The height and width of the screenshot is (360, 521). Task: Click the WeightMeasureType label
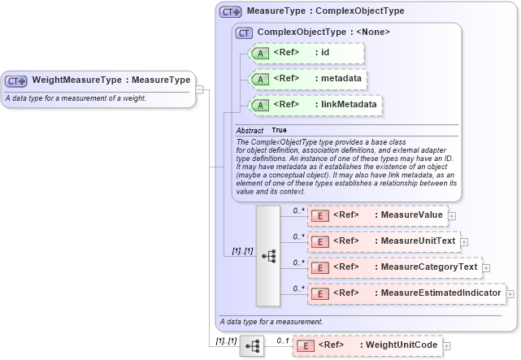pyautogui.click(x=111, y=80)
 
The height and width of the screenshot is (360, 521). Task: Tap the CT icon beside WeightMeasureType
pyautogui.click(x=16, y=81)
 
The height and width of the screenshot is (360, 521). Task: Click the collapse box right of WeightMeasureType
pyautogui.click(x=200, y=80)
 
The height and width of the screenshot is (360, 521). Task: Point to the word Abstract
pyautogui.click(x=250, y=130)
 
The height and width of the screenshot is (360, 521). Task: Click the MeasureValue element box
pyautogui.click(x=377, y=215)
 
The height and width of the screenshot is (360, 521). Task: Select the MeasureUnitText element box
pyautogui.click(x=383, y=241)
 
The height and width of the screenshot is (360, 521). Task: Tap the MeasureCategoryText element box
pyautogui.click(x=394, y=267)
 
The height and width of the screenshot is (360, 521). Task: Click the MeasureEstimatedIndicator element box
pyautogui.click(x=406, y=293)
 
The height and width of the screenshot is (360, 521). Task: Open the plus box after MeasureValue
pyautogui.click(x=453, y=216)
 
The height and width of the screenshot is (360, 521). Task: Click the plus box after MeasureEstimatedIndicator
pyautogui.click(x=510, y=293)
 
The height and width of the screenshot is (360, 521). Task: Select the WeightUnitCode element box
pyautogui.click(x=367, y=345)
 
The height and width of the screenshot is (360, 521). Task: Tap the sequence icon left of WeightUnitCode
pyautogui.click(x=252, y=346)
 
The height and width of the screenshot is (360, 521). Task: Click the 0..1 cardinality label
pyautogui.click(x=282, y=339)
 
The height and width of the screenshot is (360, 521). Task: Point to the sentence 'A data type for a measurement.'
pyautogui.click(x=271, y=322)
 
